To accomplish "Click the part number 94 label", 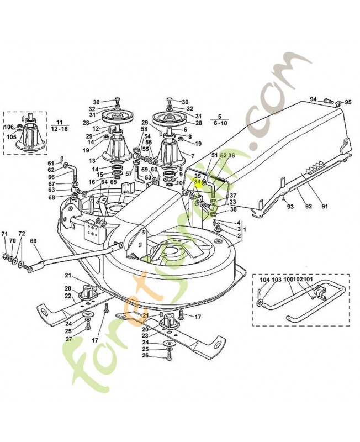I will [314, 99].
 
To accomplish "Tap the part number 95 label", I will [348, 102].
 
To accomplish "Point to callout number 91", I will [325, 207].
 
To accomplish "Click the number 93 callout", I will [289, 207].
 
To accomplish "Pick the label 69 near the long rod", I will [33, 240].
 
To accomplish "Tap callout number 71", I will [4, 234].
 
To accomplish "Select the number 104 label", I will [263, 280].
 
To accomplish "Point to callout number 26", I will [146, 355].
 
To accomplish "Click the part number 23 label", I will [146, 335].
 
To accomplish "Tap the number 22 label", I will [67, 297].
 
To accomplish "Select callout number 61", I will [51, 163].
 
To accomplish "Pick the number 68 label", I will [51, 197].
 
